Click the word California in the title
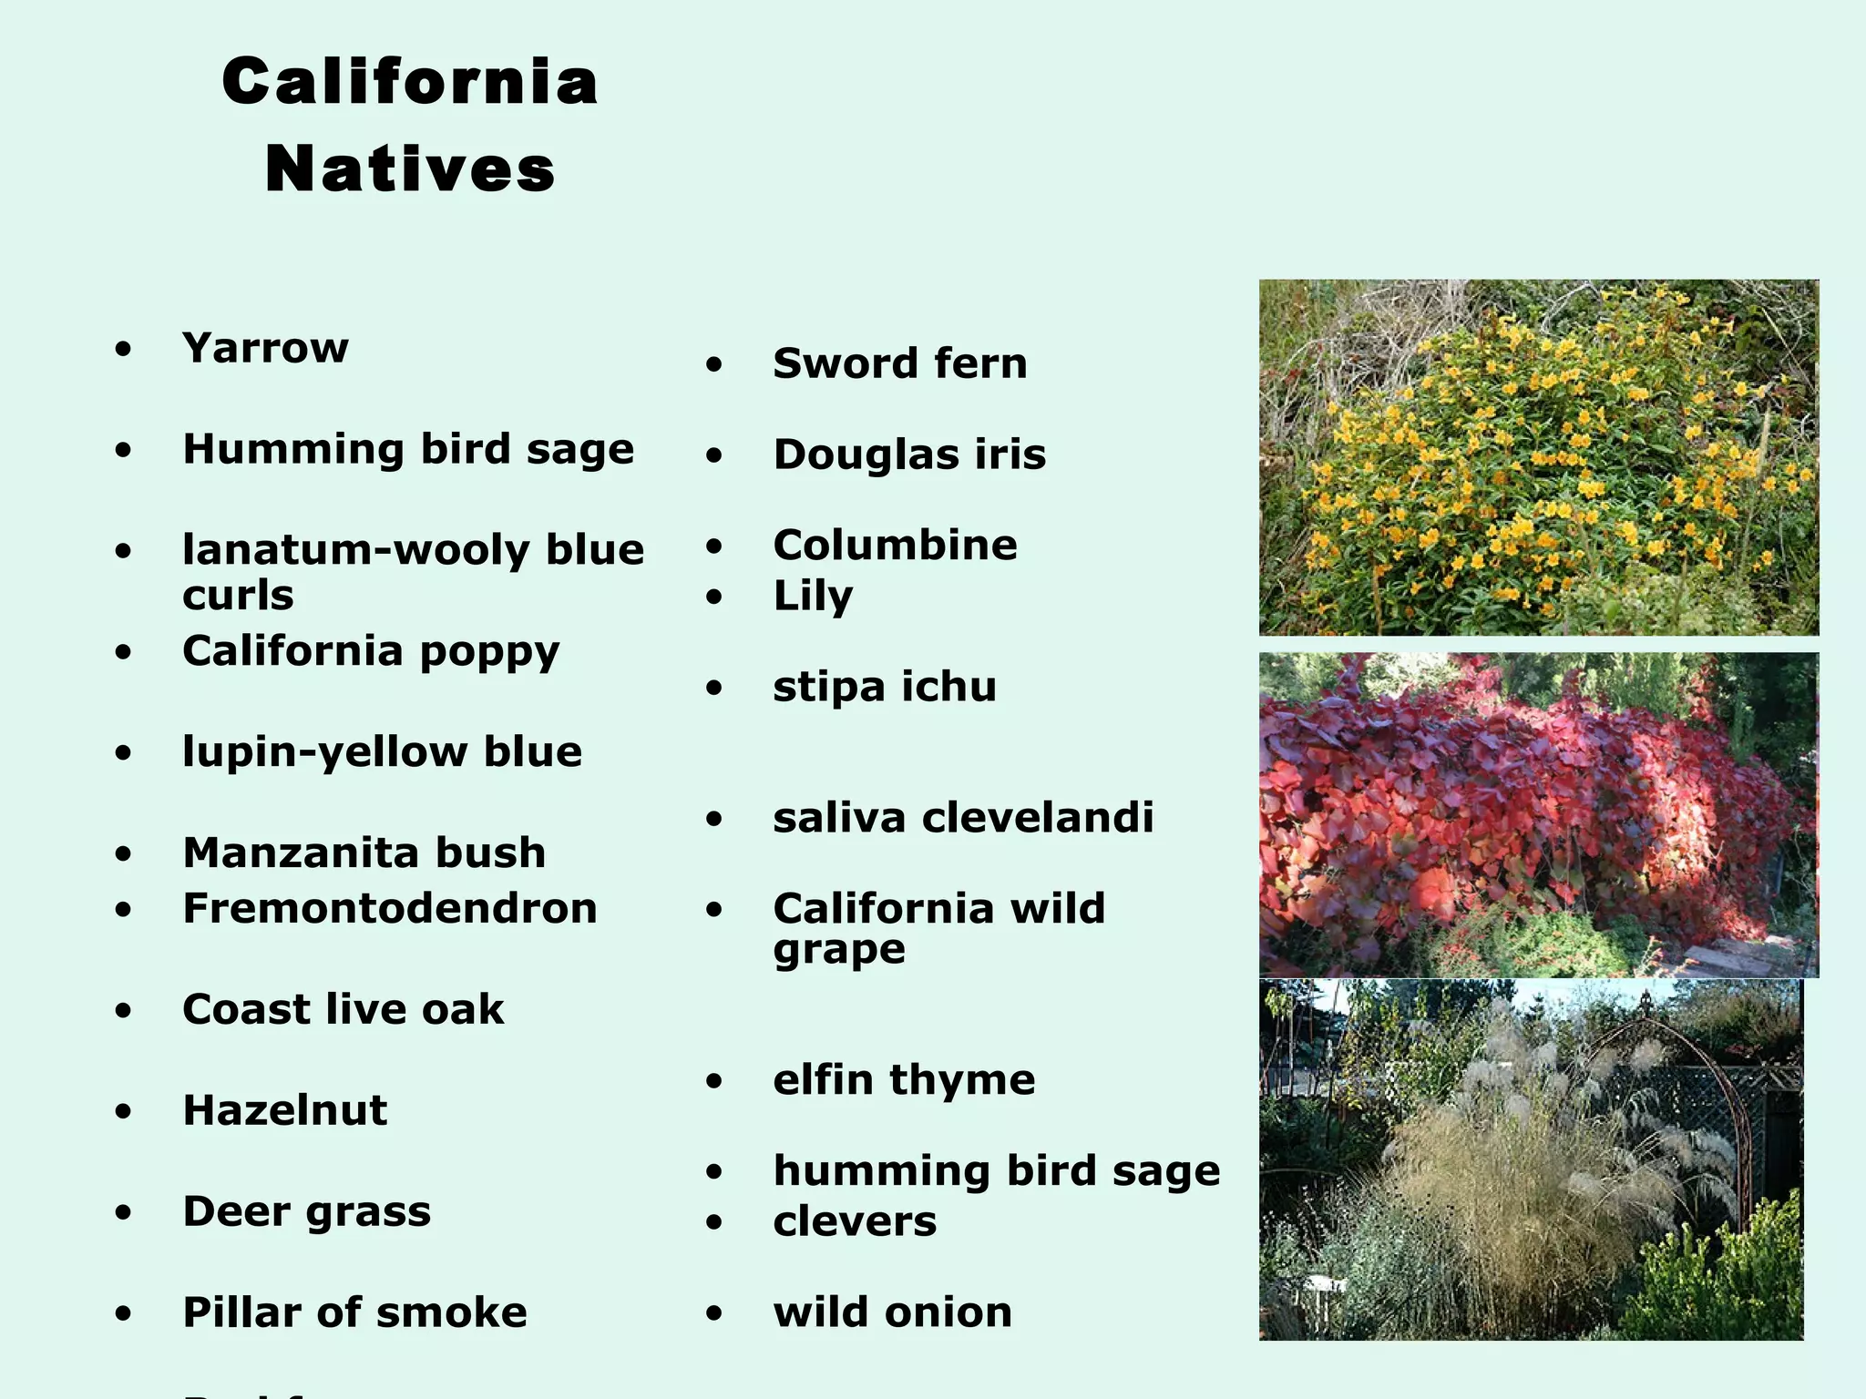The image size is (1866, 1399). click(410, 82)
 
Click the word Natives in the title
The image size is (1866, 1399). click(410, 169)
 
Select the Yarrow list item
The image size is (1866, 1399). click(265, 348)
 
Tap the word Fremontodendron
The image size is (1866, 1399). click(390, 909)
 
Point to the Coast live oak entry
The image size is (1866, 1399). click(343, 1010)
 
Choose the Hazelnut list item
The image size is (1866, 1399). click(285, 1111)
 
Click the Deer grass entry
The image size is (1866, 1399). click(307, 1212)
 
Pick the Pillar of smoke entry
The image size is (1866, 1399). click(355, 1313)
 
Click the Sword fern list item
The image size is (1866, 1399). click(900, 364)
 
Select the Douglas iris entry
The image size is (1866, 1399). click(909, 455)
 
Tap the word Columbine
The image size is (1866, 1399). click(895, 546)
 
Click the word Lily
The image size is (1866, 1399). click(813, 597)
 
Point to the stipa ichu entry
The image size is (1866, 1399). click(885, 687)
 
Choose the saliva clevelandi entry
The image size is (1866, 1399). click(963, 818)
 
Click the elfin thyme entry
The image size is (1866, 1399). click(904, 1080)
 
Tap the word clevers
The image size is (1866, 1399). click(855, 1222)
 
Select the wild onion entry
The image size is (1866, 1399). click(893, 1313)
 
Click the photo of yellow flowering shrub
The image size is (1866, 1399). click(1539, 457)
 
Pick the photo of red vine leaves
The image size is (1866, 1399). click(1539, 814)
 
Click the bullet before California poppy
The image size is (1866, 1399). click(124, 652)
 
